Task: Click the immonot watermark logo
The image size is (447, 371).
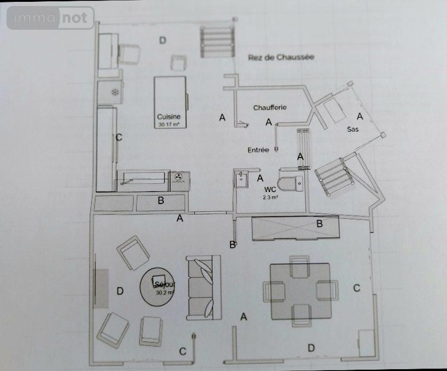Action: click(x=50, y=18)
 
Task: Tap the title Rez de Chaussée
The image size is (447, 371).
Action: click(x=280, y=57)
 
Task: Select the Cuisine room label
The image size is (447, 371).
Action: click(x=169, y=117)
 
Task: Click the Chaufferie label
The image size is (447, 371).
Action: click(x=271, y=107)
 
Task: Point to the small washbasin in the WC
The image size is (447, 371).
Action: click(x=240, y=178)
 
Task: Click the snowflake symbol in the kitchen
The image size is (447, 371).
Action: click(x=113, y=92)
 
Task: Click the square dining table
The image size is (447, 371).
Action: click(x=299, y=290)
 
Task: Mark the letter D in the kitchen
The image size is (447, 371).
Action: click(x=162, y=40)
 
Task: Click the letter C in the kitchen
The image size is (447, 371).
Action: click(x=119, y=138)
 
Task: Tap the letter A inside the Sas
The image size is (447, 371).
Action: click(x=359, y=116)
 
